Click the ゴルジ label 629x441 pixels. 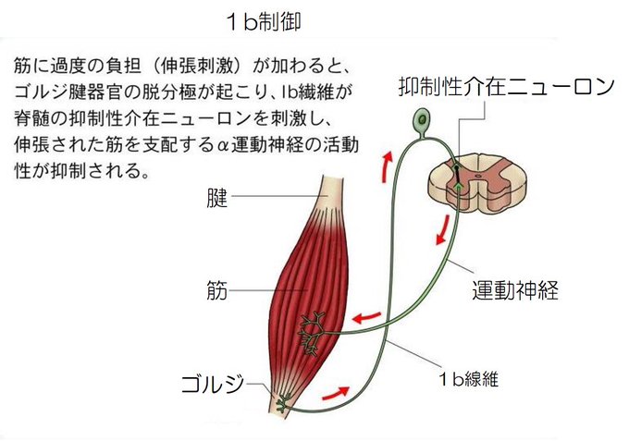click(x=206, y=381)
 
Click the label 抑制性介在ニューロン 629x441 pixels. click(x=505, y=88)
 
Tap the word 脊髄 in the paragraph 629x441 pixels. click(x=33, y=120)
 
